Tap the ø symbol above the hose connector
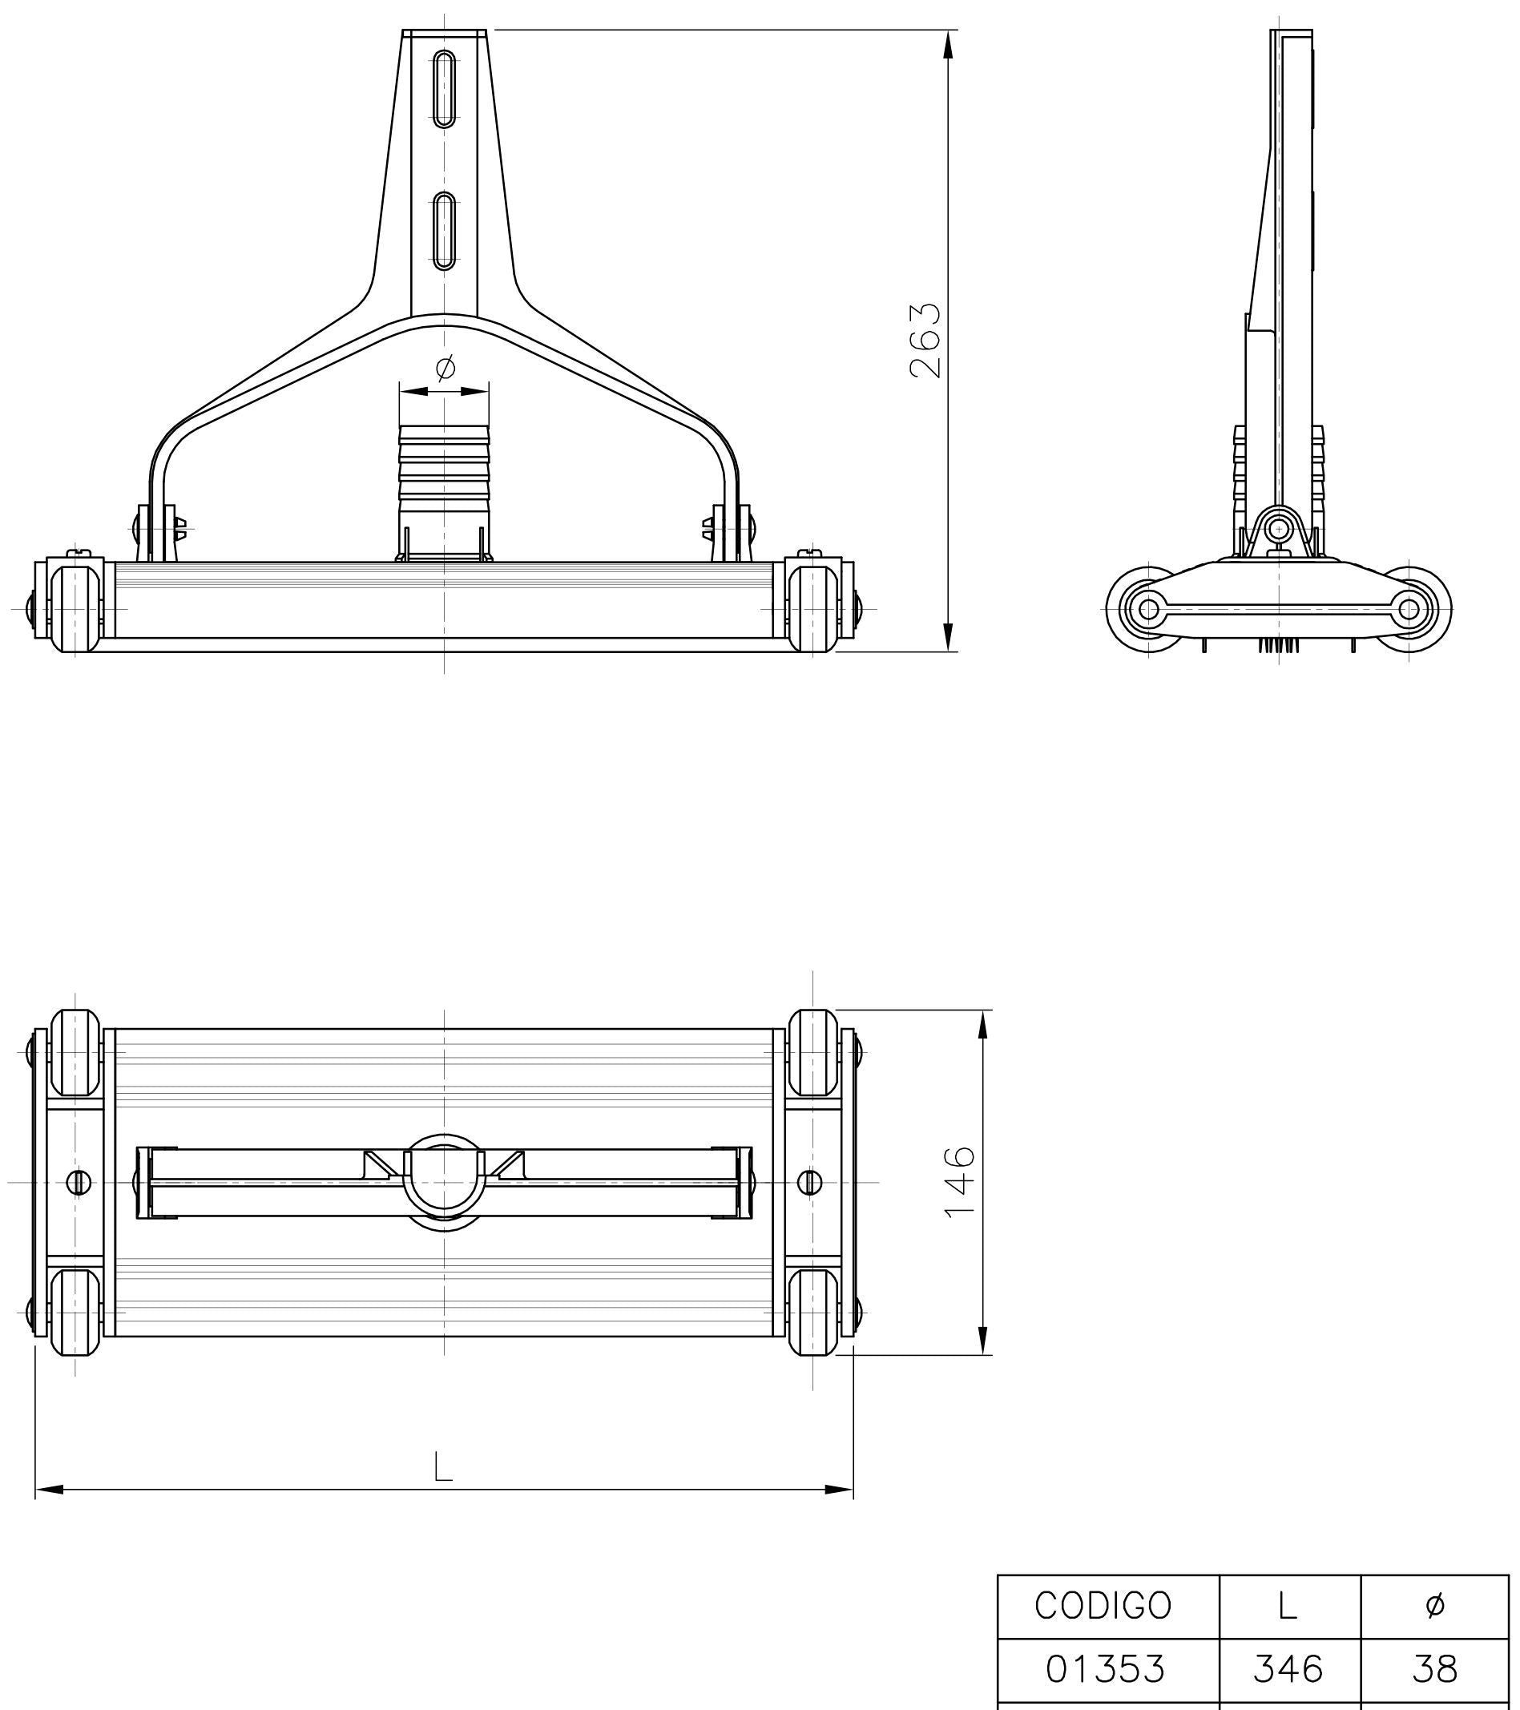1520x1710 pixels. [x=446, y=366]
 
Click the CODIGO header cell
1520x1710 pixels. [x=1103, y=1604]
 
